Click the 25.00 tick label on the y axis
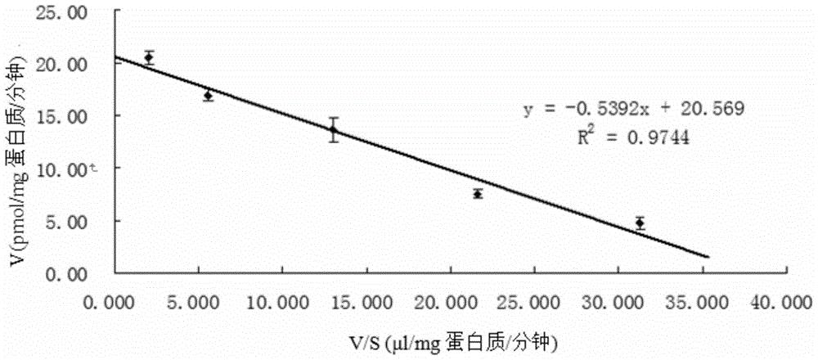[82, 11]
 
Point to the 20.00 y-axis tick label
[82, 64]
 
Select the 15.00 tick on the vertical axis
[82, 116]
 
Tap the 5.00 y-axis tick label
[85, 221]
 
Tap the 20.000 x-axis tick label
[447, 302]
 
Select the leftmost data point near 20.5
[149, 57]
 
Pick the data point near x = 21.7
[478, 194]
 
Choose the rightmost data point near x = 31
[640, 223]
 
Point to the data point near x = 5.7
[209, 96]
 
